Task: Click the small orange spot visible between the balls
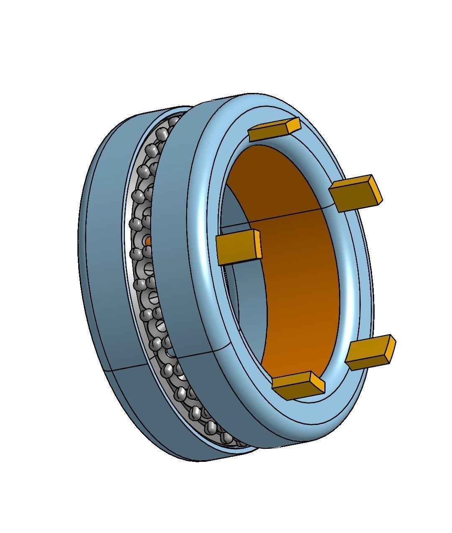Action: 148,240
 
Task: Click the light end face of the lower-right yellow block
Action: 391,348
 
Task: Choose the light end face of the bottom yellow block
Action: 318,383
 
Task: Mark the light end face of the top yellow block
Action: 295,124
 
